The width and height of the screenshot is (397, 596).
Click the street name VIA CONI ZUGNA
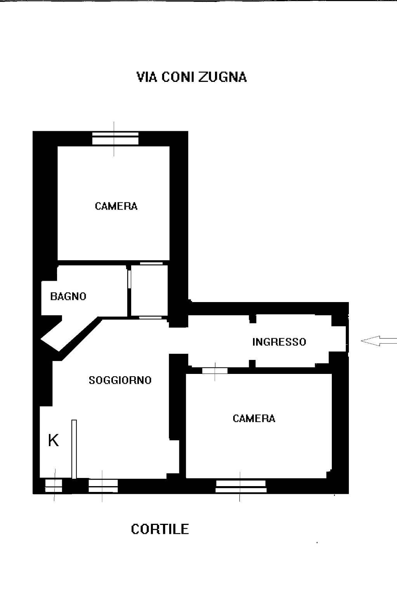tap(191, 77)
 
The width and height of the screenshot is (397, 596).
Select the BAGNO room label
tap(68, 296)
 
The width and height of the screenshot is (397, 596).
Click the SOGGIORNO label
tap(120, 380)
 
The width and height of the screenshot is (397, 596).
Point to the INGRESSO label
tap(279, 342)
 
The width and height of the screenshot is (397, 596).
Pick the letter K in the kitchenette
tap(53, 440)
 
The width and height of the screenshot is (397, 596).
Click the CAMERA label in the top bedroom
tap(116, 206)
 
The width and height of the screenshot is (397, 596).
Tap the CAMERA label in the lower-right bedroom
tap(254, 419)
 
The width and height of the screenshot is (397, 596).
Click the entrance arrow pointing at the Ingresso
tap(379, 341)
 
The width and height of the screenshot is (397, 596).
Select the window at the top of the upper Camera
tap(115, 138)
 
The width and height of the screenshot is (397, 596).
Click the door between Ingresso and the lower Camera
tap(215, 371)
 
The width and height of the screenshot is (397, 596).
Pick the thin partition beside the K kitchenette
tap(74, 449)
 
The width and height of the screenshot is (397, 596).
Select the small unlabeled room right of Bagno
tap(149, 290)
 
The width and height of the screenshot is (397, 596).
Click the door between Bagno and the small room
tap(129, 279)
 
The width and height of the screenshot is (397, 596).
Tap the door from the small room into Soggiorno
tap(151, 318)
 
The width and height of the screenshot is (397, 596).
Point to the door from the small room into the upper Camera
tap(151, 263)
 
